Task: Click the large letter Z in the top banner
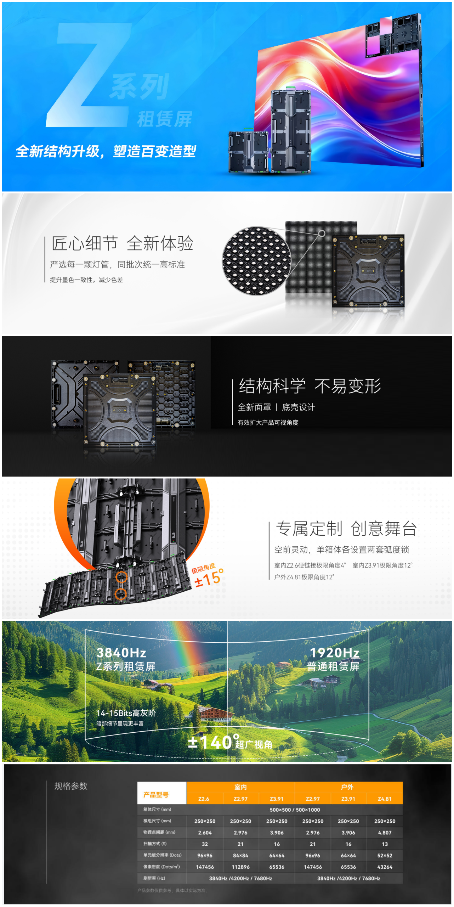[x=89, y=74]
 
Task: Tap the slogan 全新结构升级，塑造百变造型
[x=106, y=151]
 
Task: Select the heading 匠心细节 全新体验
[x=123, y=243]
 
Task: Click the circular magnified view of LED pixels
[x=257, y=261]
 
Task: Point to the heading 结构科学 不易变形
[x=310, y=386]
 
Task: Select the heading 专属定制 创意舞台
[x=346, y=528]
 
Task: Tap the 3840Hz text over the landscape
[x=121, y=652]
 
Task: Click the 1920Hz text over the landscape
[x=334, y=652]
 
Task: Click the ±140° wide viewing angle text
[x=230, y=742]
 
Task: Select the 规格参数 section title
[x=71, y=786]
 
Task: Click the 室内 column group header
[x=240, y=787]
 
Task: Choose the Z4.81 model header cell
[x=385, y=799]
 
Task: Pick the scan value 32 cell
[x=205, y=844]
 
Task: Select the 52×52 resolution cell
[x=385, y=855]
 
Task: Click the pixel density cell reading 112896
[x=240, y=867]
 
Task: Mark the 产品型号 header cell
[x=156, y=795]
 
